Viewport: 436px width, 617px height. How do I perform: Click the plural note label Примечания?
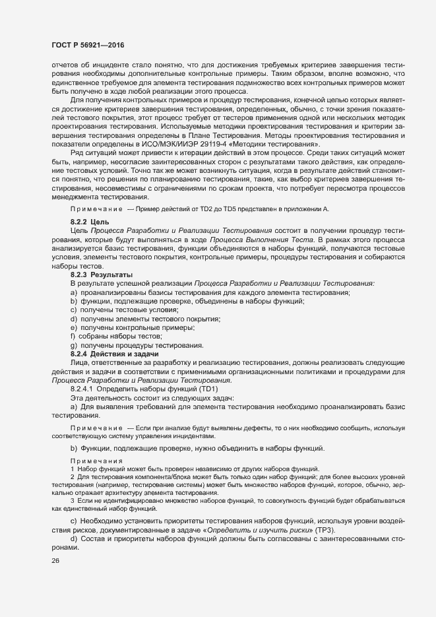[x=96, y=460]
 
